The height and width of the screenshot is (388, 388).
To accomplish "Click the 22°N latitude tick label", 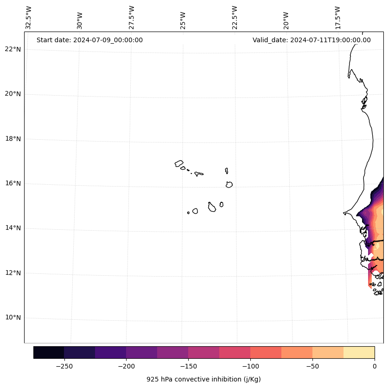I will pyautogui.click(x=13, y=49).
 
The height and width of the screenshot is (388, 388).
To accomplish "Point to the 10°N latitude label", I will pyautogui.click(x=13, y=318).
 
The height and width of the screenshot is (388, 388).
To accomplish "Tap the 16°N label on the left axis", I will pyautogui.click(x=13, y=183).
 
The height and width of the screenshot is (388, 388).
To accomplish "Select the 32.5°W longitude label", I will pyautogui.click(x=29, y=18).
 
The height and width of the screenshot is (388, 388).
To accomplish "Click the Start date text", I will pyautogui.click(x=89, y=40).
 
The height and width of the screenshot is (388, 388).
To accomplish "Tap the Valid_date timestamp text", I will pyautogui.click(x=312, y=40).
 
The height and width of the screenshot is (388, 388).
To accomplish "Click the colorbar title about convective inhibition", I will pyautogui.click(x=204, y=379).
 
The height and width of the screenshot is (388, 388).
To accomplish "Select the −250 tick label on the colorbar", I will pyautogui.click(x=64, y=366).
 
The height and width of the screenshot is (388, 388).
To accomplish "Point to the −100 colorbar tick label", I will pyautogui.click(x=250, y=366).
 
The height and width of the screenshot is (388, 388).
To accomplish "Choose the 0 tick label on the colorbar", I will pyautogui.click(x=374, y=366).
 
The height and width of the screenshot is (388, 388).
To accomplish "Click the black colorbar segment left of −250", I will pyautogui.click(x=49, y=352).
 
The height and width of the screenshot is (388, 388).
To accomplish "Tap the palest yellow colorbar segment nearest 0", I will pyautogui.click(x=359, y=352).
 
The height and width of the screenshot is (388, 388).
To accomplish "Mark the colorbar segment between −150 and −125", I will pyautogui.click(x=204, y=352).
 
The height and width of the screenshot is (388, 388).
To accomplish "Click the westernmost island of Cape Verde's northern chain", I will pyautogui.click(x=179, y=163).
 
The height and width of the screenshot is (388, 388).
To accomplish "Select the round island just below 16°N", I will pyautogui.click(x=229, y=185).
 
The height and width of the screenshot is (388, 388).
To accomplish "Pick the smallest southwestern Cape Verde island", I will pyautogui.click(x=188, y=213).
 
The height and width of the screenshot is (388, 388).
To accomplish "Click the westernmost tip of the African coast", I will pyautogui.click(x=344, y=213).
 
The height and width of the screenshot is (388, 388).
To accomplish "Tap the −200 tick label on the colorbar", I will pyautogui.click(x=126, y=366).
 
